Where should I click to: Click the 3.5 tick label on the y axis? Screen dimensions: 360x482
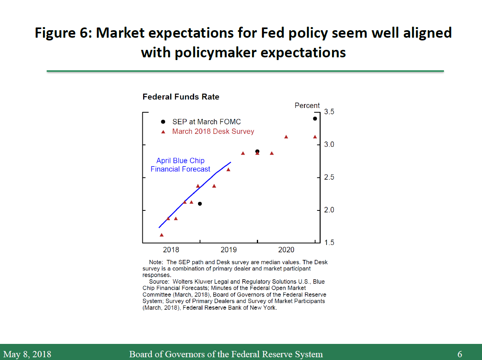click(329, 112)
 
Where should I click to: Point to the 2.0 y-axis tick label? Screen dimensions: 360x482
click(329, 210)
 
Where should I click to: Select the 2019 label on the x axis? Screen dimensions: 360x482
click(229, 250)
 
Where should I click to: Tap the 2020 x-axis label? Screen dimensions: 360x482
click(286, 250)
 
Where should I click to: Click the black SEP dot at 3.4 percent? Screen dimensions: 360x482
click(315, 119)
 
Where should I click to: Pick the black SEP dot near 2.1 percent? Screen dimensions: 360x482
click(200, 204)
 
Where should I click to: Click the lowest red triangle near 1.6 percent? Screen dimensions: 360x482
click(161, 235)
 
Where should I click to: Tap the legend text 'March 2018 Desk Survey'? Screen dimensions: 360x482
click(213, 132)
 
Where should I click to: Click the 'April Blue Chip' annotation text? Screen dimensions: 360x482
click(180, 161)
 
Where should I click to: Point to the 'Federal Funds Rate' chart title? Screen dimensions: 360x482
click(181, 97)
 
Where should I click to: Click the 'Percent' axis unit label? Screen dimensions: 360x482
click(307, 106)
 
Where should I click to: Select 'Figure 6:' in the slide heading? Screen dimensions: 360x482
click(63, 33)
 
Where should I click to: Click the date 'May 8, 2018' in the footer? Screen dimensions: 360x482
click(27, 354)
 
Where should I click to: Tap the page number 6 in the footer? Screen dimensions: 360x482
click(460, 354)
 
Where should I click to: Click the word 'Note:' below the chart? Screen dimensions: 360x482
click(156, 262)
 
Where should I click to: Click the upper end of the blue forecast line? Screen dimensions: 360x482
click(231, 162)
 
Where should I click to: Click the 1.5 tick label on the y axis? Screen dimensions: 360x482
click(329, 243)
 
